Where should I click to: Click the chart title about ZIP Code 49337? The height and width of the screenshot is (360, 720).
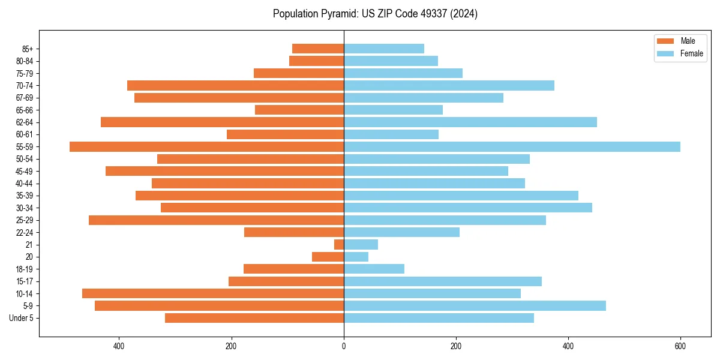[375, 14]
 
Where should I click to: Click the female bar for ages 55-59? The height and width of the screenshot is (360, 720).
[512, 146]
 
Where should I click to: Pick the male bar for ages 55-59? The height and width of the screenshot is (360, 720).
[207, 146]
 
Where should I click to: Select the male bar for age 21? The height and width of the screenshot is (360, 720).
[339, 244]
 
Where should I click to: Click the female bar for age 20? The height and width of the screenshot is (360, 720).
[356, 257]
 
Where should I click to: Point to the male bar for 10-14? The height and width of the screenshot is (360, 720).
[213, 293]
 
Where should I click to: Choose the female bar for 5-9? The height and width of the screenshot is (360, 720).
[475, 305]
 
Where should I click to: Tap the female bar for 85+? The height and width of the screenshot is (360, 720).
[384, 49]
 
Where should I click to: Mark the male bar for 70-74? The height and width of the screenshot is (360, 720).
[236, 85]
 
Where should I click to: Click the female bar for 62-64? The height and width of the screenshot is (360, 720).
[470, 122]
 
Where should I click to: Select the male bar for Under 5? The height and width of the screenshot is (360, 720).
[254, 318]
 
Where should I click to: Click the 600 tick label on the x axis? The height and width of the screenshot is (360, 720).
[680, 346]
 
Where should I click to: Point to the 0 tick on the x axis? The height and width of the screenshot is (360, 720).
[344, 346]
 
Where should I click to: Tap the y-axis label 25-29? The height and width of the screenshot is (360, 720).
[25, 220]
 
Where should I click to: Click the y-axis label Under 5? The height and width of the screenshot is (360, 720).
[22, 318]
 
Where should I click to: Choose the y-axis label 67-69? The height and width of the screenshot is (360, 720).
[25, 98]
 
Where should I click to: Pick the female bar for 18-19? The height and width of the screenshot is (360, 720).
[374, 269]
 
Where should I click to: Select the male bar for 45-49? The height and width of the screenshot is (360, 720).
[225, 171]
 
